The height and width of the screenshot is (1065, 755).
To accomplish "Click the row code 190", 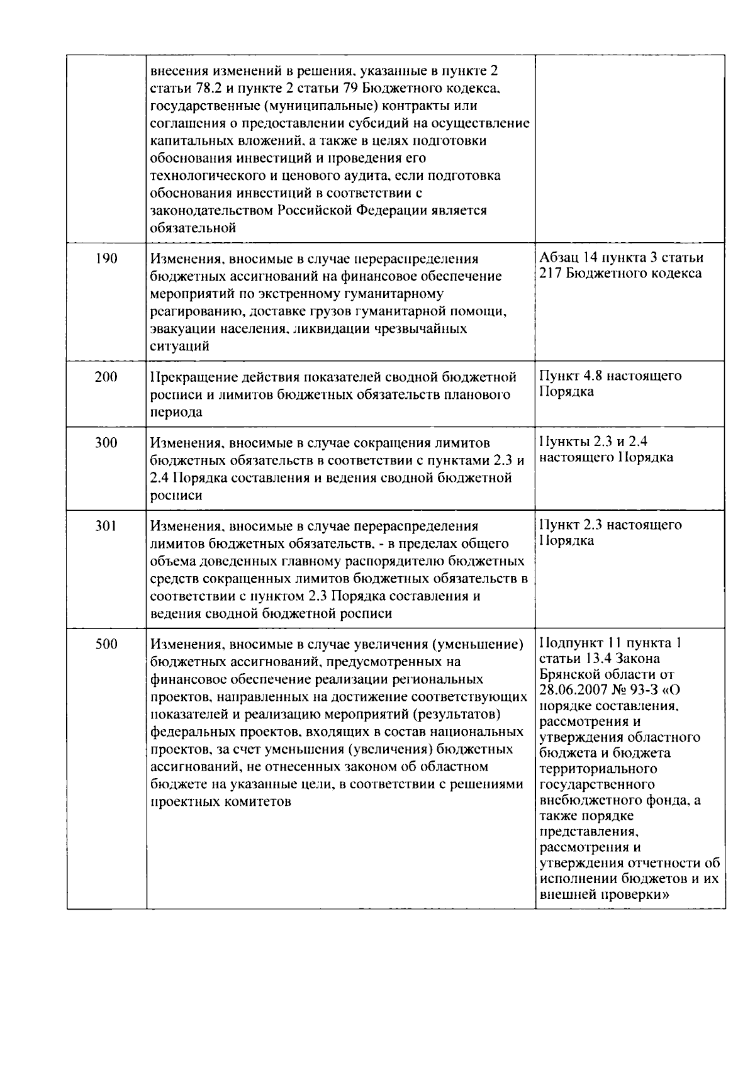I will (x=106, y=259).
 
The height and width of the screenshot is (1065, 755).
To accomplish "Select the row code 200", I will (x=106, y=377).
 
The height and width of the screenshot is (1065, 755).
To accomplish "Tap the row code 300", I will (x=106, y=443).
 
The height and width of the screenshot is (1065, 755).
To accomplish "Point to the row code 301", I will (x=106, y=526).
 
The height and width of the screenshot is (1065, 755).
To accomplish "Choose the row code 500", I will (x=106, y=644).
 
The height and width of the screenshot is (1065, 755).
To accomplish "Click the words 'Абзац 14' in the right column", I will (x=567, y=258).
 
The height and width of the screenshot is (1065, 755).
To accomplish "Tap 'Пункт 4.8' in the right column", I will (x=569, y=376).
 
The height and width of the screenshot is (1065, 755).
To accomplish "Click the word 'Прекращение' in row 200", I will (x=188, y=377).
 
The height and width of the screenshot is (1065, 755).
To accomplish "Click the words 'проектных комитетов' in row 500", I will (x=221, y=802).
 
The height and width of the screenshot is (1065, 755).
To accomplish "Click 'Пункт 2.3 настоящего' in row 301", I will (x=610, y=525).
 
